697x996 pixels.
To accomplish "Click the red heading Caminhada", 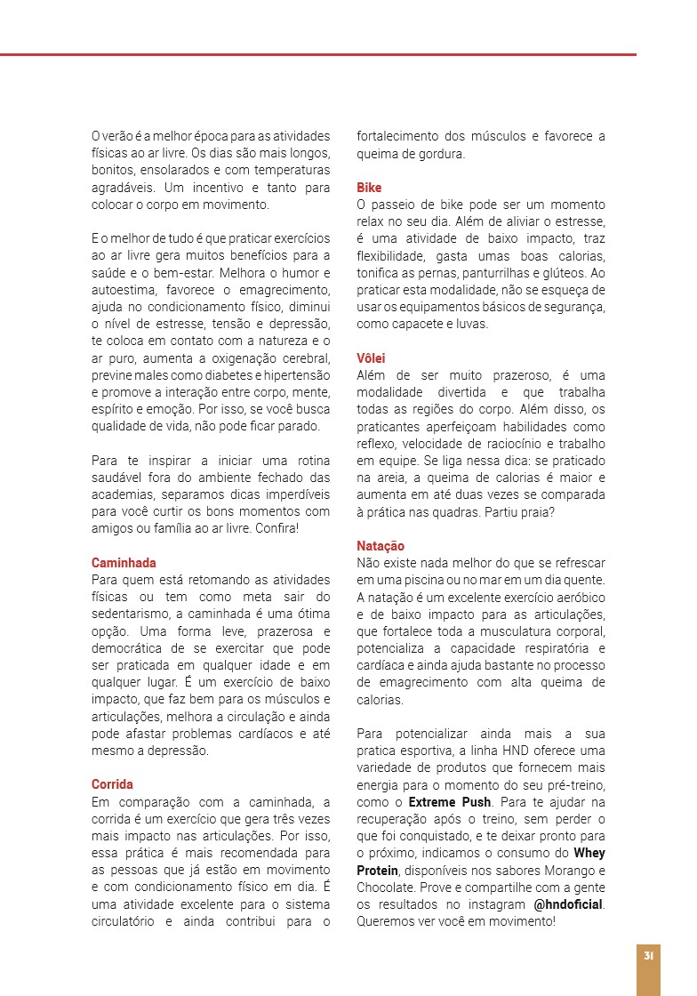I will point(124,563).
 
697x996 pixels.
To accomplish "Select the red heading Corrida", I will point(112,784).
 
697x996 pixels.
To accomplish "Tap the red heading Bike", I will point(369,188).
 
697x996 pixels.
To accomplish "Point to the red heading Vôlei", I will point(371,358).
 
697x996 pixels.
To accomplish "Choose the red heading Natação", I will point(381,546).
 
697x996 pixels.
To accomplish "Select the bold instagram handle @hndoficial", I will point(568,904).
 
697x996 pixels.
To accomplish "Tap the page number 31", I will point(649,956).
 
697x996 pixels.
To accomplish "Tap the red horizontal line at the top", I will point(318,55).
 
